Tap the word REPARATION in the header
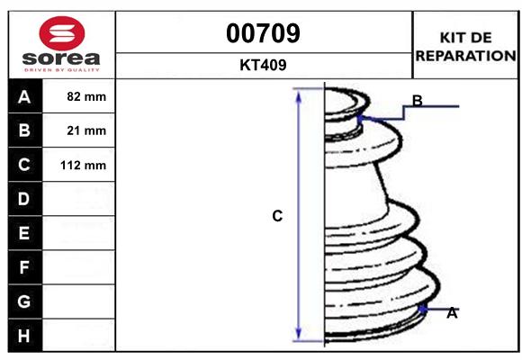point(465,56)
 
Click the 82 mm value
point(87,96)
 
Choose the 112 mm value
point(84,165)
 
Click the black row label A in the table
point(24,96)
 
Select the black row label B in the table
point(24,130)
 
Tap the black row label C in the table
point(24,165)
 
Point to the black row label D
point(24,199)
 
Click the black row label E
point(24,233)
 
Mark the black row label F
point(24,267)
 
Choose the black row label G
point(24,301)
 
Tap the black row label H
point(24,336)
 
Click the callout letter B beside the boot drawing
point(418,99)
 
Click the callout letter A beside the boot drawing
point(452,313)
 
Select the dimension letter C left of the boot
point(277,216)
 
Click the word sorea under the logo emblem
point(62,58)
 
